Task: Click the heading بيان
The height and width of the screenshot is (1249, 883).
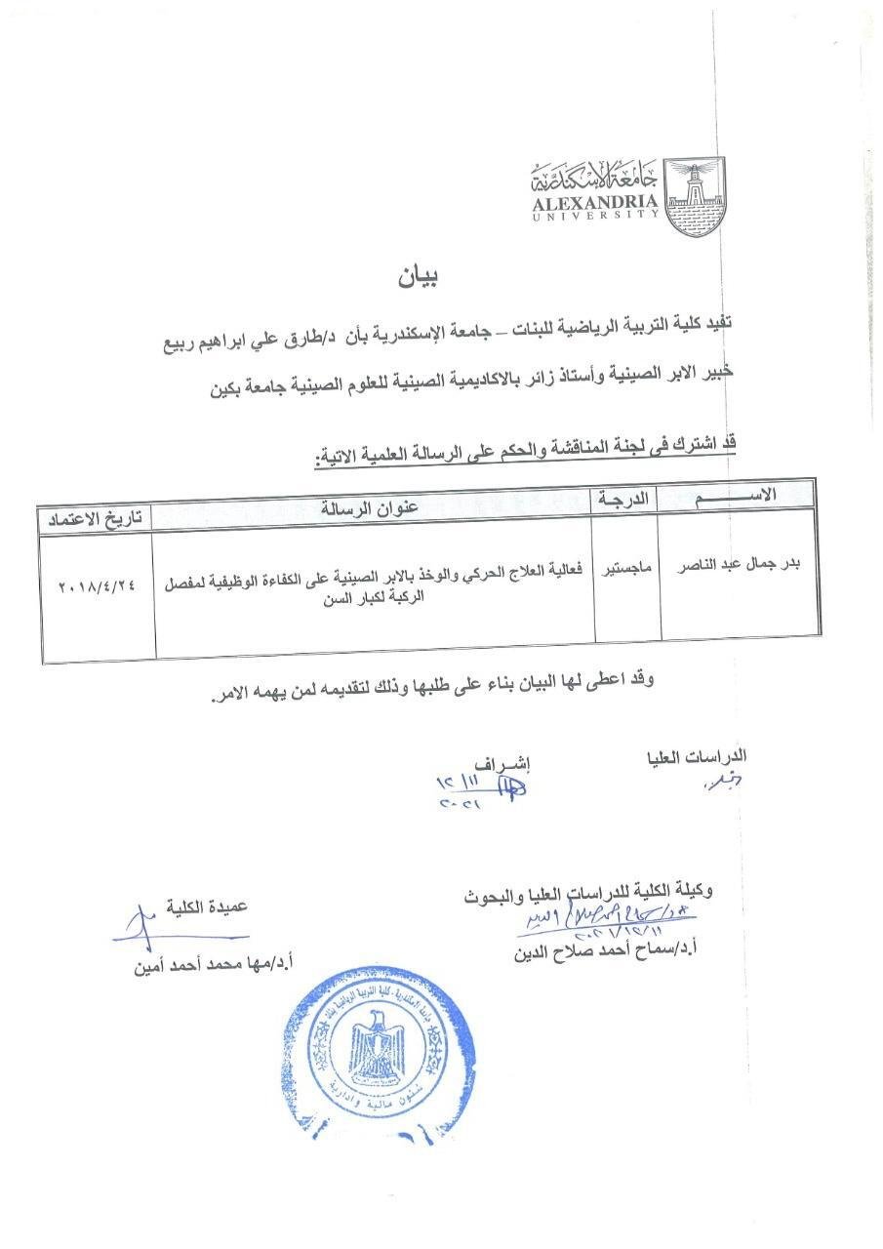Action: tap(419, 276)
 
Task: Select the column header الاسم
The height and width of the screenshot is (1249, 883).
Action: tap(739, 495)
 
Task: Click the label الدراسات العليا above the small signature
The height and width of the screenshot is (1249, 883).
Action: tap(697, 756)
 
